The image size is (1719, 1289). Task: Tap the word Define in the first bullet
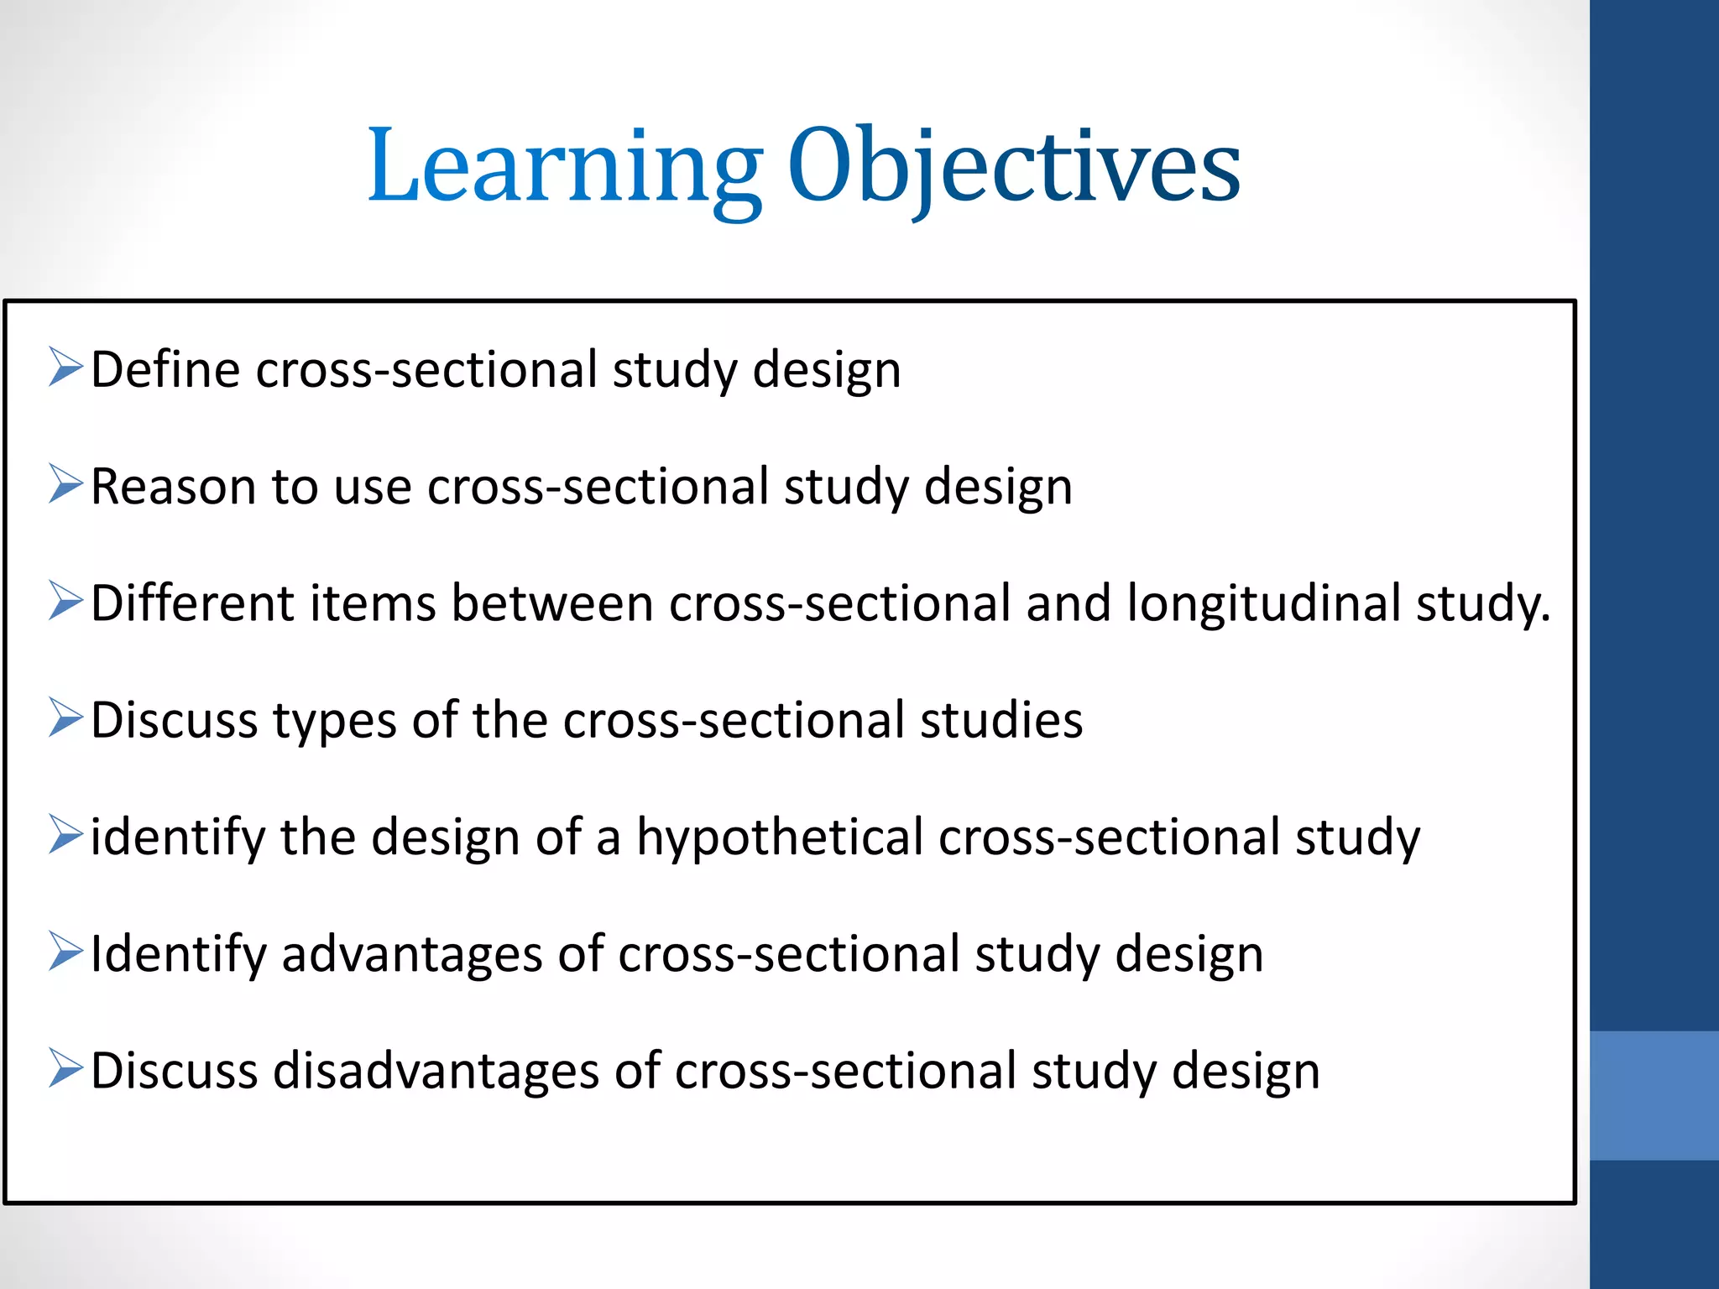click(165, 369)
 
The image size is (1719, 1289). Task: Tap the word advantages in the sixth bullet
click(412, 955)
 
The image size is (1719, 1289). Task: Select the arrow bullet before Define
click(65, 368)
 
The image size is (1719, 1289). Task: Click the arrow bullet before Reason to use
click(65, 484)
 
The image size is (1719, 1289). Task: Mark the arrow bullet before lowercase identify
click(65, 835)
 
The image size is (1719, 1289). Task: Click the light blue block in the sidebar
click(1654, 1095)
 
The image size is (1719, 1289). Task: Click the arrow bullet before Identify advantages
click(65, 952)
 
